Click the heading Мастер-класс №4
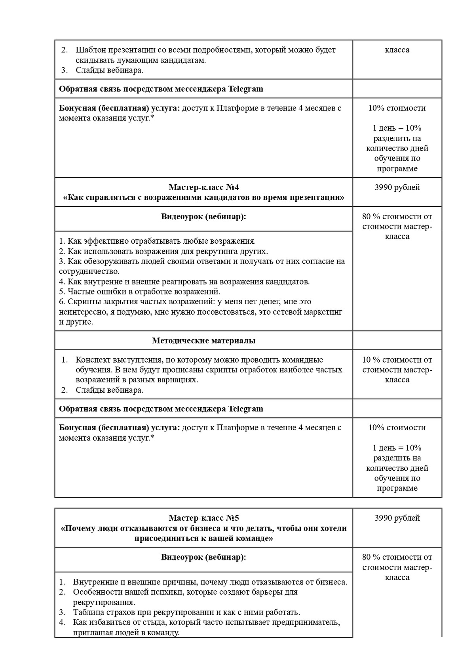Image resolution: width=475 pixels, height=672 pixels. [x=203, y=187]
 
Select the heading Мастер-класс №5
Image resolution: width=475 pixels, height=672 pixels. [x=203, y=518]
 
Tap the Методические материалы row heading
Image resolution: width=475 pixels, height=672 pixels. [x=203, y=340]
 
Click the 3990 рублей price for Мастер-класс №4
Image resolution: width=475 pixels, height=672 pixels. [x=397, y=187]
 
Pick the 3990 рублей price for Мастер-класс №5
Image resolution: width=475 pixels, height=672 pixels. [x=397, y=518]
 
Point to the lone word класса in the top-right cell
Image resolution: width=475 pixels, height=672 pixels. [x=397, y=50]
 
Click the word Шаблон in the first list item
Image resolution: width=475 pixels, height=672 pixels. [x=90, y=50]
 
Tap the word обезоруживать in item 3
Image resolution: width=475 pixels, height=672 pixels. [x=108, y=261]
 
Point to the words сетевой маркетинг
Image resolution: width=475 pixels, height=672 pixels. [x=313, y=312]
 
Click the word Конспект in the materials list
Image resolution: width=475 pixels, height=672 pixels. [x=93, y=360]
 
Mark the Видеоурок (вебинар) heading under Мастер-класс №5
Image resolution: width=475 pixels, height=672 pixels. [x=203, y=557]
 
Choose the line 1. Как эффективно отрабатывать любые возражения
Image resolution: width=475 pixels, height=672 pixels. [x=157, y=241]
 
